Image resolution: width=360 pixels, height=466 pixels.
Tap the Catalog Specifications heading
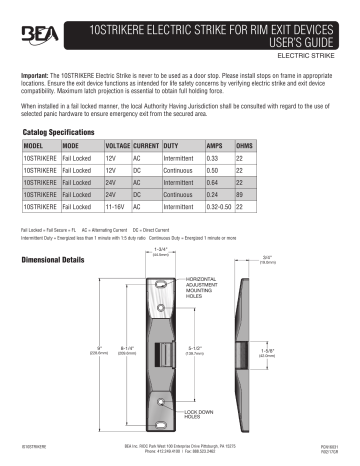[62, 131]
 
